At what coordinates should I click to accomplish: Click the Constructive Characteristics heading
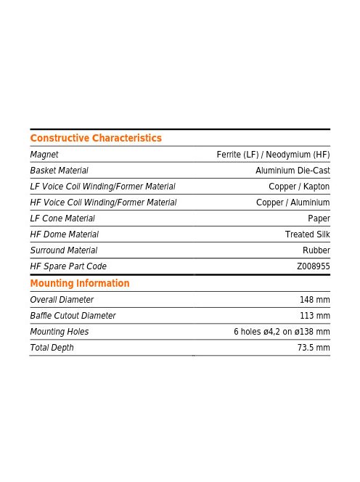96,138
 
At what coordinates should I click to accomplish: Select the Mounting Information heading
80,283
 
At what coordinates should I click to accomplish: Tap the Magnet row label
44,155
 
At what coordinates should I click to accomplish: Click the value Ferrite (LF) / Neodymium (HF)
273,155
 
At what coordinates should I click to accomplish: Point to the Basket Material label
60,171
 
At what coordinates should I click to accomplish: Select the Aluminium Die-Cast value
292,171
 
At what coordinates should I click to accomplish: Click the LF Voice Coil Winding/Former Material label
102,187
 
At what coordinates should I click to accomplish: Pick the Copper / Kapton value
299,187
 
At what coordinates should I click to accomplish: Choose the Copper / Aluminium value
293,203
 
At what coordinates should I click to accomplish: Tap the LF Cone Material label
62,218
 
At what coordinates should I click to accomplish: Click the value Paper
319,218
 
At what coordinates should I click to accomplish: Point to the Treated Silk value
308,234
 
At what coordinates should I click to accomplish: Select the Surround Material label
64,250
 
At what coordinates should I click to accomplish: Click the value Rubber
316,250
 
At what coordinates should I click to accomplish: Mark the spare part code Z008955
314,266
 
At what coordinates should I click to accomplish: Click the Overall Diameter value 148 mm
315,300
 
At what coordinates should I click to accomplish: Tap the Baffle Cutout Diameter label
73,316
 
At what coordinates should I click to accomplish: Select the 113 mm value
315,316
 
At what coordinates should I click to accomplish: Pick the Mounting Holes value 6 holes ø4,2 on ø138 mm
282,332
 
